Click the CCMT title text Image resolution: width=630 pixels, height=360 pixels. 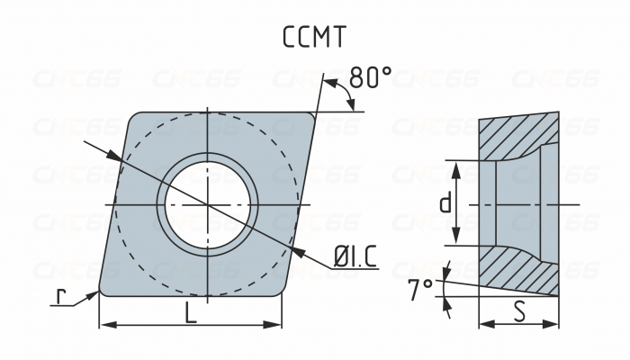(x=314, y=37)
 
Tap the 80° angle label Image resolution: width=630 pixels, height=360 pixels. (x=370, y=78)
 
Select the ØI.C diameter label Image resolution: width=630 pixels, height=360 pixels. (x=355, y=259)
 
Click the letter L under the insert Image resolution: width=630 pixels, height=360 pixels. (x=190, y=312)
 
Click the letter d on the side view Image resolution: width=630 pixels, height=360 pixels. (x=445, y=203)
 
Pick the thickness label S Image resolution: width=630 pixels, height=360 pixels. (x=519, y=312)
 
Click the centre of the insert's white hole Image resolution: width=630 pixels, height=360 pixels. (x=208, y=204)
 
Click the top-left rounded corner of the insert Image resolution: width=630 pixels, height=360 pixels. (x=135, y=117)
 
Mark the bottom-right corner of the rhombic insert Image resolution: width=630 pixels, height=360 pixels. (x=280, y=293)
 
